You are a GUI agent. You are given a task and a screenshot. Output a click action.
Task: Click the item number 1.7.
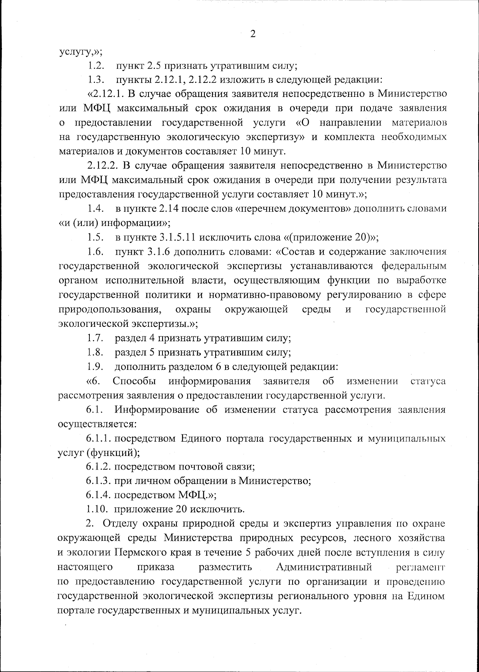tap(96, 338)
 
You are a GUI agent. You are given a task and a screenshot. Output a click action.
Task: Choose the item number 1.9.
tap(96, 367)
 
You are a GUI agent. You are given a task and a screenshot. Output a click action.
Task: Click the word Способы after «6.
tap(135, 381)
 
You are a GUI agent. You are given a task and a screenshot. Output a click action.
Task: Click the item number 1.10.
tap(98, 509)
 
